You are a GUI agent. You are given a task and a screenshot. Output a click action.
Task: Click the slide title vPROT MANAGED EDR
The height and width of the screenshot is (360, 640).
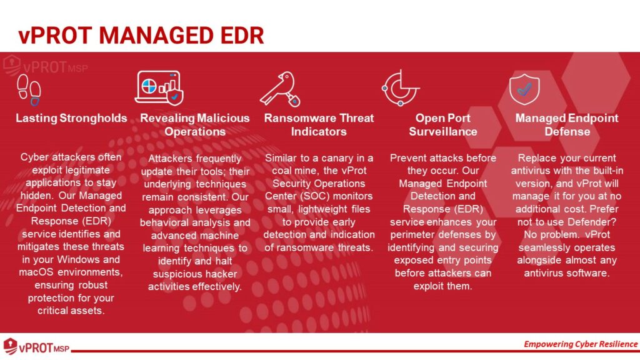click(141, 35)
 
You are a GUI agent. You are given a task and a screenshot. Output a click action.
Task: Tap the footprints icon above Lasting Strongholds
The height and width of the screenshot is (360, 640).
click(29, 90)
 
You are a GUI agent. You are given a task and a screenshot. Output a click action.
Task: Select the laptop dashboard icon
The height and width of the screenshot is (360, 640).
click(159, 87)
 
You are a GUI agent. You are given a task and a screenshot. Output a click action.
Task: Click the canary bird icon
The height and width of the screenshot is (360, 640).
click(281, 89)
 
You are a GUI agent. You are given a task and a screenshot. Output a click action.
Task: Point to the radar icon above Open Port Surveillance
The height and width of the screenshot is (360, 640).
click(401, 88)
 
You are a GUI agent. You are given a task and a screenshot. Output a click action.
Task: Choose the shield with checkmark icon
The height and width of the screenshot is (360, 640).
click(524, 89)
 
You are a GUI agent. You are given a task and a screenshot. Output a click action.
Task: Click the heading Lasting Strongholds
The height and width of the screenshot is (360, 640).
click(71, 118)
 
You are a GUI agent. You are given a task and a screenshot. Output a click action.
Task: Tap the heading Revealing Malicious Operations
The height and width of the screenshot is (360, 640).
click(195, 125)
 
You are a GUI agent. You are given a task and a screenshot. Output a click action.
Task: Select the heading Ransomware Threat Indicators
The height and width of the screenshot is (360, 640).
click(319, 125)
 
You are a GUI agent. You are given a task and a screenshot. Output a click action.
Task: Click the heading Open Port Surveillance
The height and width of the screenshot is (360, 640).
click(443, 125)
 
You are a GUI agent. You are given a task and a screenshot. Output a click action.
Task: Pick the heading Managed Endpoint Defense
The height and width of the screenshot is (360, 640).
click(567, 125)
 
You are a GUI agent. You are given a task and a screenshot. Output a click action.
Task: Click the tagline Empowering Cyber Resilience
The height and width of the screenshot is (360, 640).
click(581, 344)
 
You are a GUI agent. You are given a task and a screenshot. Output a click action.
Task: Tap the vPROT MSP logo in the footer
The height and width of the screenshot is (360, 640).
click(36, 346)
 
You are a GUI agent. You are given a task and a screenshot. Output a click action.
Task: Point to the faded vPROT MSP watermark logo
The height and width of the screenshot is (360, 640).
click(45, 66)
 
